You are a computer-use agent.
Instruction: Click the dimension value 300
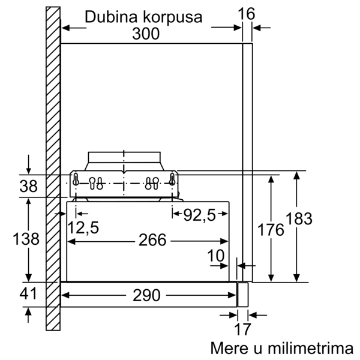point(146,34)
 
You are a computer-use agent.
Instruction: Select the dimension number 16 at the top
point(247,14)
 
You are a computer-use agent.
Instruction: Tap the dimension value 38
point(28,186)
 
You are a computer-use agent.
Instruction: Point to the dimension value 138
point(26,239)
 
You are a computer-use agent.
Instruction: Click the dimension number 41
point(28,293)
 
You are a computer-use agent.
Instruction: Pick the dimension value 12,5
point(83,227)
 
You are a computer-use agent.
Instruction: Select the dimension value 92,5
point(200,215)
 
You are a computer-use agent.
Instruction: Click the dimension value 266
point(152,240)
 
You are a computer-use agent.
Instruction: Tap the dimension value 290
point(146,295)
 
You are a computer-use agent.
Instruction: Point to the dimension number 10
point(216,256)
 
